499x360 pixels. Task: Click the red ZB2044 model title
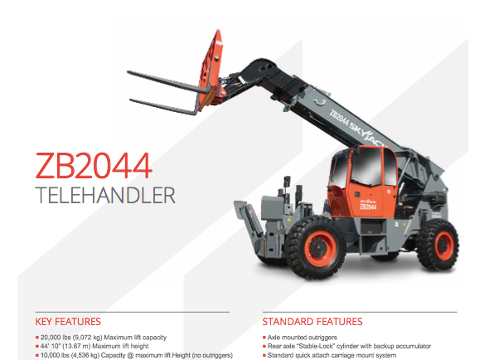point(93,165)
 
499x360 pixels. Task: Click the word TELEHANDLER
point(105,195)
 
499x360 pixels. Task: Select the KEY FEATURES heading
point(68,322)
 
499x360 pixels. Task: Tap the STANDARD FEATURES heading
point(312,322)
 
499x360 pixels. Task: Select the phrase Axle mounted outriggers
point(302,338)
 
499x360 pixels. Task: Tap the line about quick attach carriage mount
point(332,355)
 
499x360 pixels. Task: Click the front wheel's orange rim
point(320,249)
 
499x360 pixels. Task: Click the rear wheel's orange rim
point(443,246)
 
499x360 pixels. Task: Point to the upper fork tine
point(168,82)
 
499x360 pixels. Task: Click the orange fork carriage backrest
point(210,69)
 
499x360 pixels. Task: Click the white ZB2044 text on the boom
point(339,119)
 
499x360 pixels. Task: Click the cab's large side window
point(366,166)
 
